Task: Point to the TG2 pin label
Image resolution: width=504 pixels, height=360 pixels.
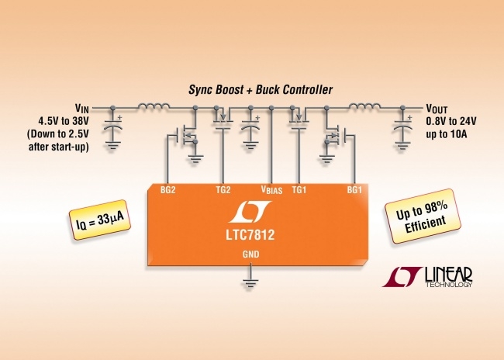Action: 223,189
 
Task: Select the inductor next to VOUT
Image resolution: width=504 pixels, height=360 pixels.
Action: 362,106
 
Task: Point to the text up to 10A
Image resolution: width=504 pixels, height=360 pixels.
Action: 446,133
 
